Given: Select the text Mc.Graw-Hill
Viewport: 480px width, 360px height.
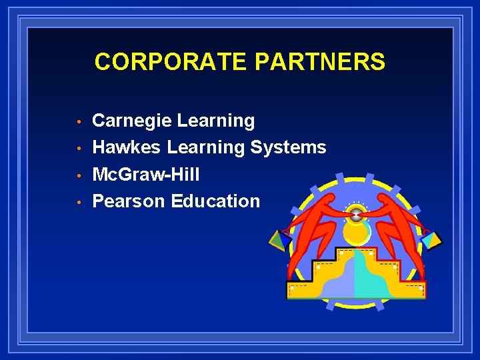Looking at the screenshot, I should [145, 175].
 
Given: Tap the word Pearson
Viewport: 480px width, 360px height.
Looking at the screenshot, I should [129, 201].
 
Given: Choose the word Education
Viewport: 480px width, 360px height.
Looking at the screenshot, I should [215, 201].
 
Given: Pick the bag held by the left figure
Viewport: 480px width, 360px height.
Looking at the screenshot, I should [279, 239].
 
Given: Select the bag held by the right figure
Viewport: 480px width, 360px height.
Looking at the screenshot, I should [433, 239].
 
